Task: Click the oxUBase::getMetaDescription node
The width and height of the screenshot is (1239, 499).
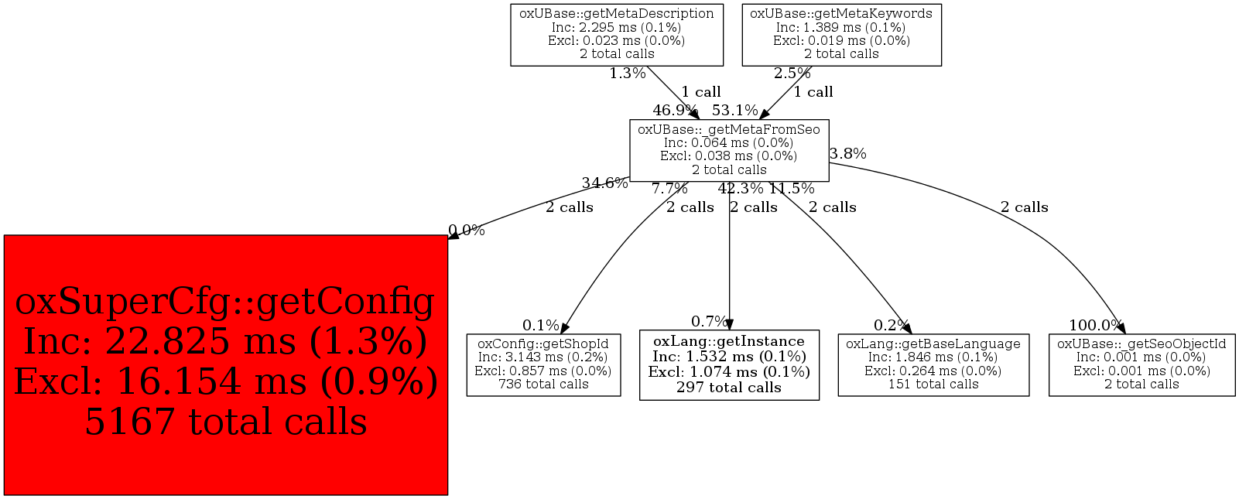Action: click(x=617, y=35)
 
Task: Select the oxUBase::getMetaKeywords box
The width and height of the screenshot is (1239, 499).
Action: click(x=841, y=35)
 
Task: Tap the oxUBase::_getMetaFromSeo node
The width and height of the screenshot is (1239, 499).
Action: click(x=729, y=150)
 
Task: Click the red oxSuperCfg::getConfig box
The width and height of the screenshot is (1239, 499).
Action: click(x=226, y=365)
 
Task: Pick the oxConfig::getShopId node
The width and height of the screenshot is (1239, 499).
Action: click(x=543, y=365)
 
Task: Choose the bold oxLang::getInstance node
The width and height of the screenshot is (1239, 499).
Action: click(x=729, y=365)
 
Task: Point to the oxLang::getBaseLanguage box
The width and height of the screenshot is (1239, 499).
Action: click(x=933, y=365)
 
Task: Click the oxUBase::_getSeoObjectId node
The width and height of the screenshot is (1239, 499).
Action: click(x=1141, y=365)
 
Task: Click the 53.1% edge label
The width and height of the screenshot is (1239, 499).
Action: click(x=735, y=111)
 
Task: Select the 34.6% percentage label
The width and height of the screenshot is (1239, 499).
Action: click(x=605, y=183)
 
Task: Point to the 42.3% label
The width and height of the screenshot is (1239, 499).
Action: click(x=741, y=189)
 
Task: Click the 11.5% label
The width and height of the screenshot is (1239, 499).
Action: click(x=792, y=189)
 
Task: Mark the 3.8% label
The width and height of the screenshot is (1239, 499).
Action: click(x=848, y=154)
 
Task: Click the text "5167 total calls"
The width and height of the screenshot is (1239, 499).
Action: click(x=226, y=422)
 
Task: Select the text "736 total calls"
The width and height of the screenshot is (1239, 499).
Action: click(x=543, y=385)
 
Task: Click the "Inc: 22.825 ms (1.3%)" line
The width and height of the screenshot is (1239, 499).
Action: click(x=226, y=342)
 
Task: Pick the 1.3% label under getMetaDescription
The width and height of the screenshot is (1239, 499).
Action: click(x=628, y=73)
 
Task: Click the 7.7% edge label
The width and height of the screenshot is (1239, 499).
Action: click(x=669, y=189)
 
